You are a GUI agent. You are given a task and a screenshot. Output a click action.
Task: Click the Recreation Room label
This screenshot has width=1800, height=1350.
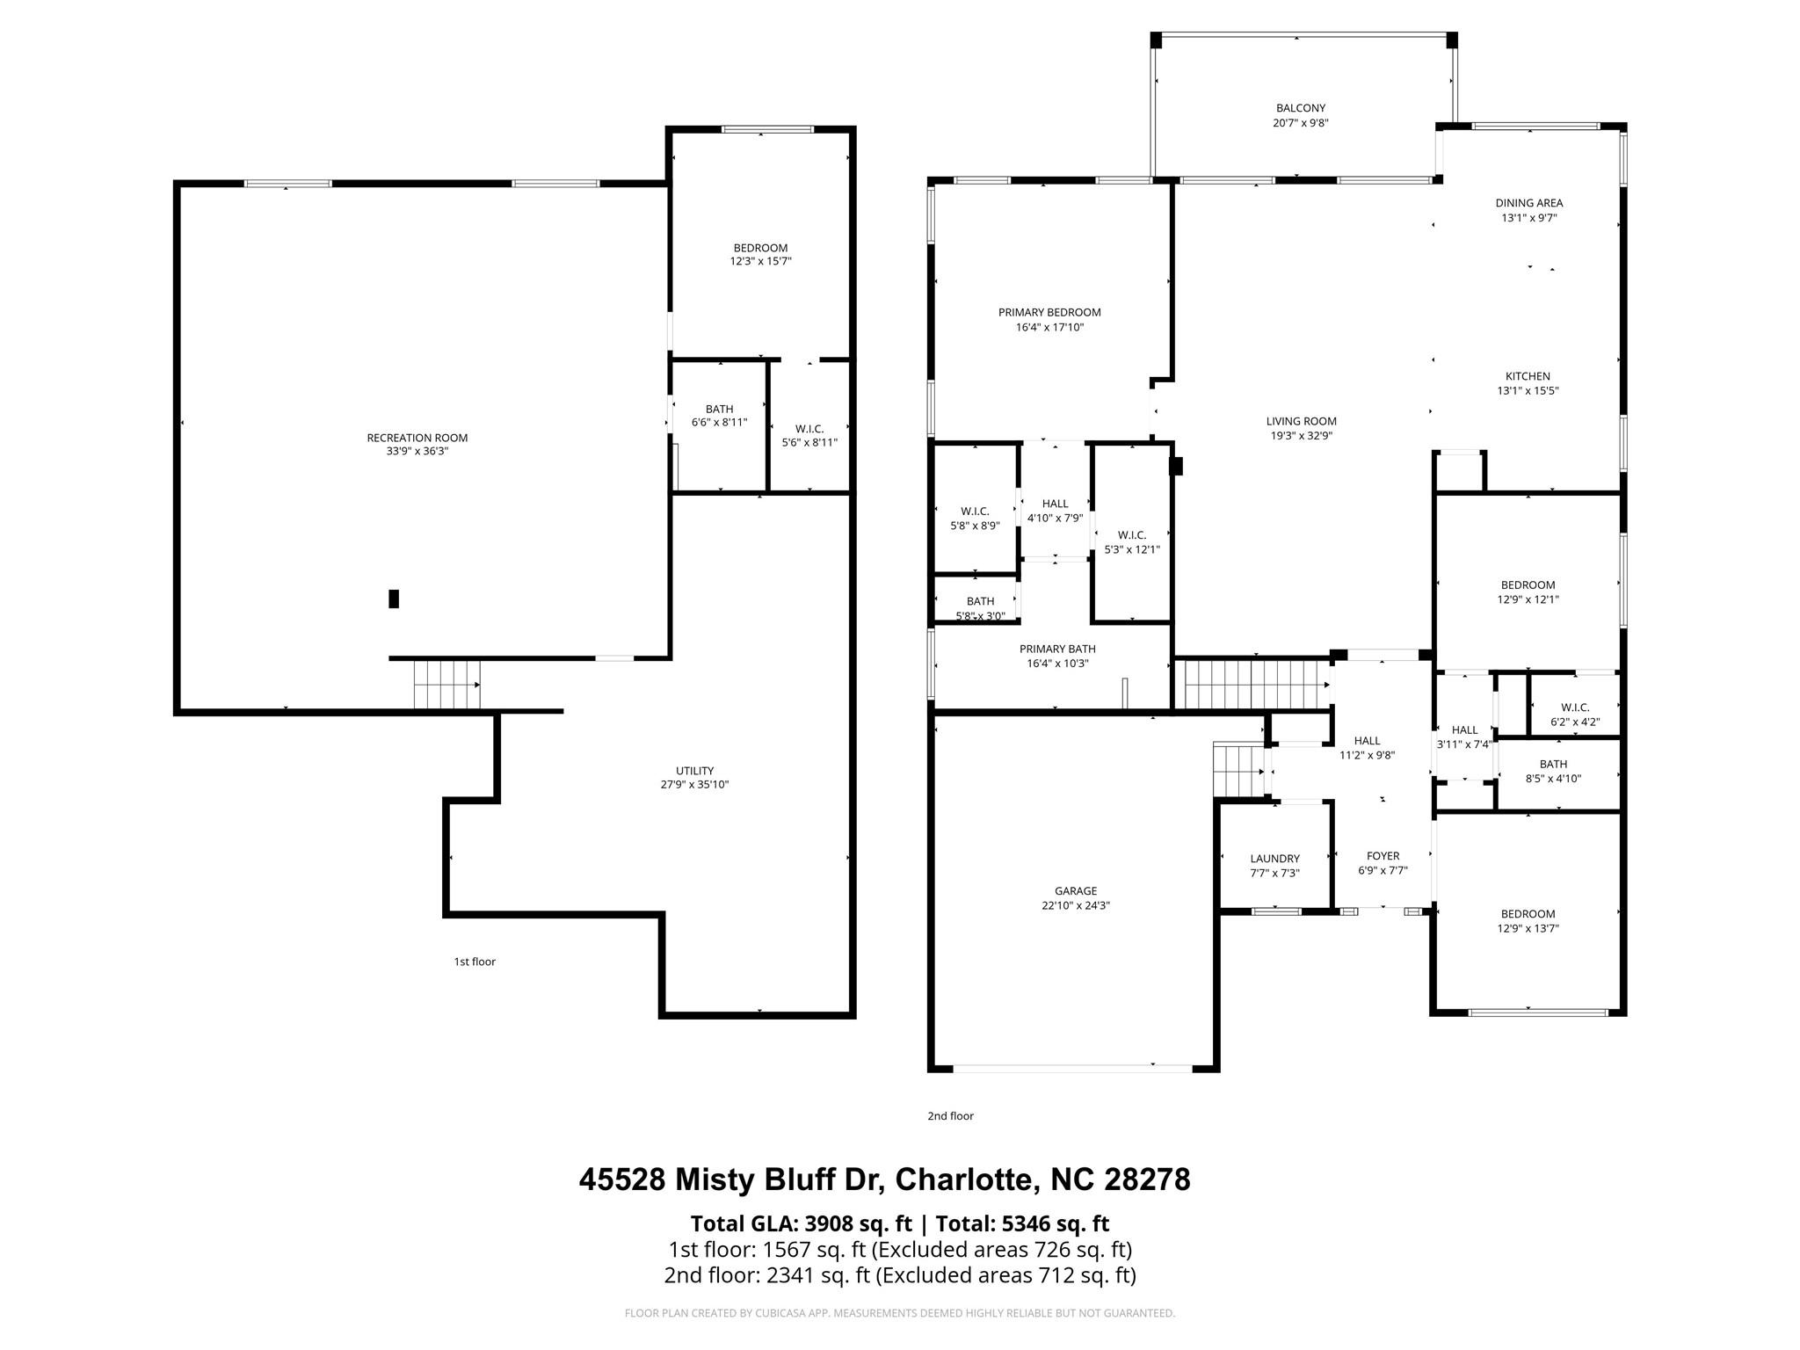[417, 438]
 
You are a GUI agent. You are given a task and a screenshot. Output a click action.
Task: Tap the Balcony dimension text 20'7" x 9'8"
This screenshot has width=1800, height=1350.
[1300, 123]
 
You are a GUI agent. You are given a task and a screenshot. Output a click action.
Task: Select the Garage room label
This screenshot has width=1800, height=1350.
[1076, 891]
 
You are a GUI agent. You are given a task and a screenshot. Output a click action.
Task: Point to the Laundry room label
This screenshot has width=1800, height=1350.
[1274, 859]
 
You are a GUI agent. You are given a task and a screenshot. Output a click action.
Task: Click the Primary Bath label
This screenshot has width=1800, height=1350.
[1057, 649]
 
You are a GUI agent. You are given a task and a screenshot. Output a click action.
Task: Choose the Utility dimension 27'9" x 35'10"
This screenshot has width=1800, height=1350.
[694, 785]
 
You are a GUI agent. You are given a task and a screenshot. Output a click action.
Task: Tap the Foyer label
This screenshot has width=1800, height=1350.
[1383, 856]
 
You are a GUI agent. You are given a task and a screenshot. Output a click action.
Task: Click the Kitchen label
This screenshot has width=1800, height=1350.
[1528, 376]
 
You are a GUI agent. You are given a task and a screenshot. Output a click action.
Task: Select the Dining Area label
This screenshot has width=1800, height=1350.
[1529, 203]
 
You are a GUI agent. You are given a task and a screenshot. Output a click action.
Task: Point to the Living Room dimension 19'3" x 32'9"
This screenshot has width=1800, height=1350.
[1301, 436]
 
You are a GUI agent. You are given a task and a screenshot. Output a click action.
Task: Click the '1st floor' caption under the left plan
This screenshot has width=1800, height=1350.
[475, 962]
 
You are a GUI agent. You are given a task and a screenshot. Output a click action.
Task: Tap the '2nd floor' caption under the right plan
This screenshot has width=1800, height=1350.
[950, 1116]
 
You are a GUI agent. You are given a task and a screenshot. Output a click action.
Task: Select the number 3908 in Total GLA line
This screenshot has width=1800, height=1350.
[832, 1223]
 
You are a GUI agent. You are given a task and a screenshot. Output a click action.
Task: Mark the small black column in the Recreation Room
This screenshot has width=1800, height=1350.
[394, 599]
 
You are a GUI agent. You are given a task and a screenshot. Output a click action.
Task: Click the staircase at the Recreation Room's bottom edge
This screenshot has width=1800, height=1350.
[447, 684]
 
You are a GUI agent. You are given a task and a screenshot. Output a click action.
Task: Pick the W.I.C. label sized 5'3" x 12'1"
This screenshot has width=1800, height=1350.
[1132, 535]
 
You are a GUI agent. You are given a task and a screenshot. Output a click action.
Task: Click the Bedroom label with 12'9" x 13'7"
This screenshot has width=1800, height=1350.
[1528, 914]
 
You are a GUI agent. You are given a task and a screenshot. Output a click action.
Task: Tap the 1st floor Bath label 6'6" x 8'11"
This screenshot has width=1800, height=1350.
[719, 409]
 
